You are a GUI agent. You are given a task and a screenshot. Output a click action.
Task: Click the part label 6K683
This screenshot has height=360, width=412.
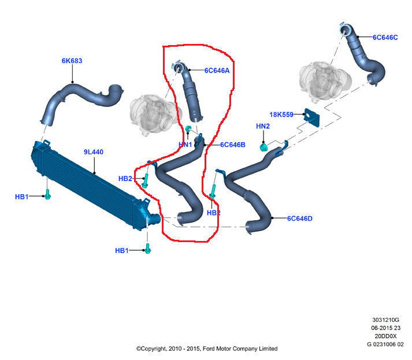pyautogui.click(x=72, y=61)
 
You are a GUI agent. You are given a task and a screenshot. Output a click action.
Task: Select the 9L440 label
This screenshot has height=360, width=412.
pyautogui.click(x=93, y=152)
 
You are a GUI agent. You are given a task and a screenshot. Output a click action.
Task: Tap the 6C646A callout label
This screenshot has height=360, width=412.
pyautogui.click(x=217, y=70)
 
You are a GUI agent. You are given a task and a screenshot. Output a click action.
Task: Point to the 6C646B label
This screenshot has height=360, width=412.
pyautogui.click(x=233, y=144)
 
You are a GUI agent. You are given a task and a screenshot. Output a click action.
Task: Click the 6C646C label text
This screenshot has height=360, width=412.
pyautogui.click(x=385, y=37)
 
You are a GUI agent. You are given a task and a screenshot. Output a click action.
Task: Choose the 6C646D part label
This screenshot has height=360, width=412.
pyautogui.click(x=300, y=218)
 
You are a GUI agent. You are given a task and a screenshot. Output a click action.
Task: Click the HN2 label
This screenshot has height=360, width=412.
pyautogui.click(x=263, y=126)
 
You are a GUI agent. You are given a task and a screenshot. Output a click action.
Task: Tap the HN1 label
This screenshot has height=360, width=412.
pyautogui.click(x=185, y=144)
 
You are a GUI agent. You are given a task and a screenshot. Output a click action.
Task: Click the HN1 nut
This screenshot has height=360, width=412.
pyautogui.click(x=189, y=129)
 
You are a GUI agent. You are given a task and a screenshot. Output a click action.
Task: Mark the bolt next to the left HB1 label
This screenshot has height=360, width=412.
pyautogui.click(x=48, y=195)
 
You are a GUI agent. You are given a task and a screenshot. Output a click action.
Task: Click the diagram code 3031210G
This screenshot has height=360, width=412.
pyautogui.click(x=385, y=320)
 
